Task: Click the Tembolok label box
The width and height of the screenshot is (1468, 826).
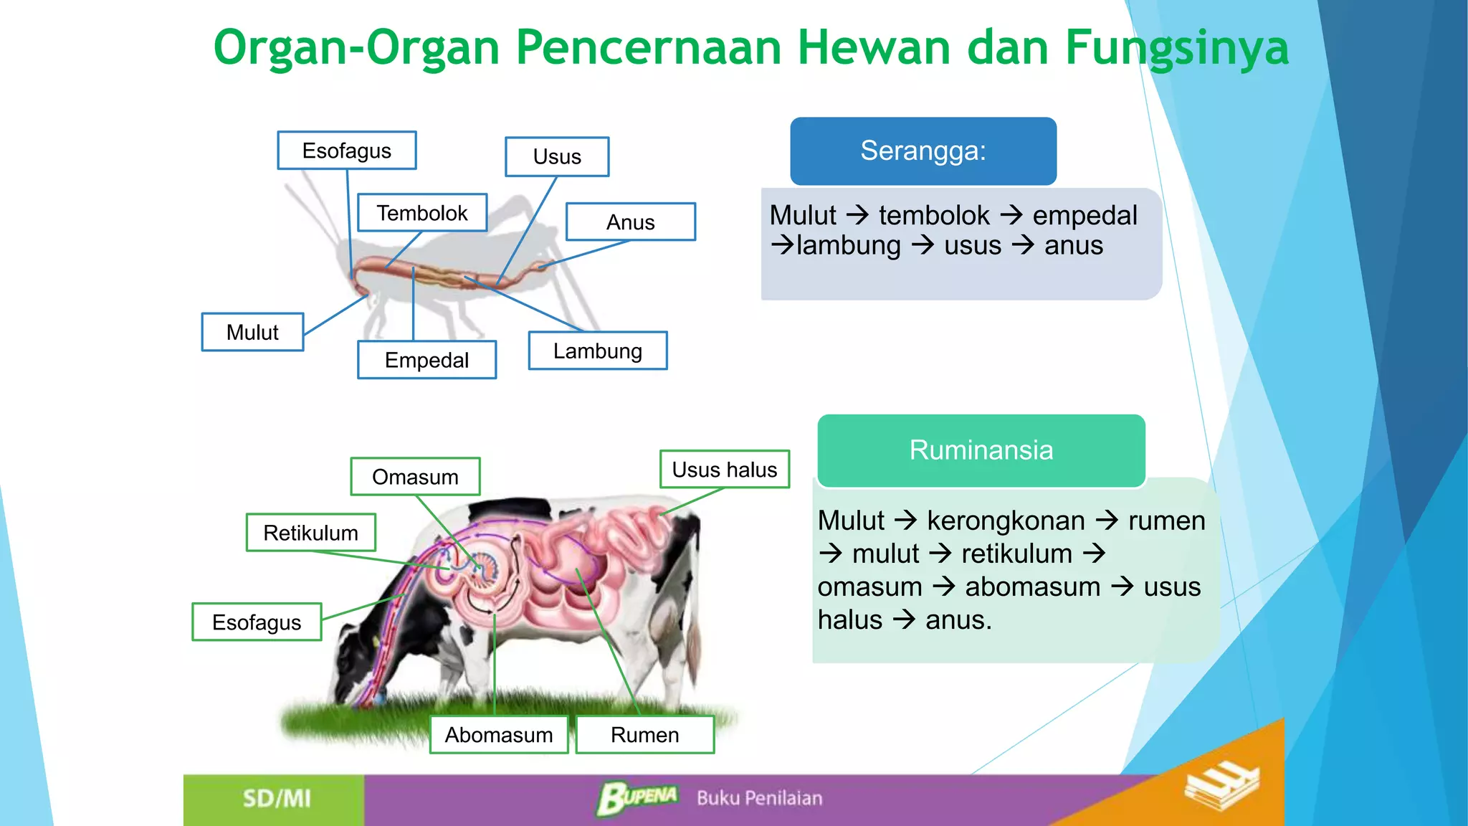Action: [x=422, y=213]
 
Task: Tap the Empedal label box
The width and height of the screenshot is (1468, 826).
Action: [x=426, y=360]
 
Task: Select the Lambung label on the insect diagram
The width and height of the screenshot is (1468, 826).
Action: [x=597, y=351]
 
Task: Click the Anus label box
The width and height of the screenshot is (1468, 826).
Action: [x=630, y=222]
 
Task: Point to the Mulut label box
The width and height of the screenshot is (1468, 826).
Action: [x=252, y=332]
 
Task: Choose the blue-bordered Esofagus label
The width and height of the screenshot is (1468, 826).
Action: [x=347, y=151]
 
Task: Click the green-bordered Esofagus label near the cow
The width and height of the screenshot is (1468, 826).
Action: [x=257, y=622]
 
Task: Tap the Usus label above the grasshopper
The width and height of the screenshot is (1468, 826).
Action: [x=557, y=156]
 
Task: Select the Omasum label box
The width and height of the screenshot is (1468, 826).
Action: [x=415, y=477]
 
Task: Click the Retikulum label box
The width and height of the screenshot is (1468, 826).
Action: [x=310, y=533]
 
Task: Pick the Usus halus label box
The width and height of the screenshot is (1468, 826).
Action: [x=724, y=470]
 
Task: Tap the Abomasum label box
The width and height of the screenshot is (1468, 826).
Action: [x=499, y=735]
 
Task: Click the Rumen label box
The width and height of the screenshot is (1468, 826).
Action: [x=644, y=735]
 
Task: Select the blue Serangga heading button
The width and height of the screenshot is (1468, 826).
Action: [x=923, y=151]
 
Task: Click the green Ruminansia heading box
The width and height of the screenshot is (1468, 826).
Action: [x=981, y=450]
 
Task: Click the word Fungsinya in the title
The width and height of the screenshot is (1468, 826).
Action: [x=1177, y=48]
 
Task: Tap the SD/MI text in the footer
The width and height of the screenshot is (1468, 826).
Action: [x=277, y=799]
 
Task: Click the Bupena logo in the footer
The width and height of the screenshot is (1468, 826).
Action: [x=637, y=797]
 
